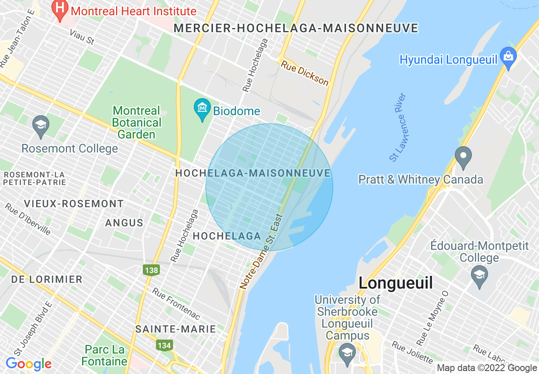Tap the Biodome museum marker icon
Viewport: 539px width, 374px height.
(202, 110)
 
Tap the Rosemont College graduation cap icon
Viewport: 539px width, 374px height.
(40, 125)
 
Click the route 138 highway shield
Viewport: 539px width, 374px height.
(151, 270)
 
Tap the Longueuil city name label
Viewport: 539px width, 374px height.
(395, 283)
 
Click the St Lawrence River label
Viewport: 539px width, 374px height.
(398, 127)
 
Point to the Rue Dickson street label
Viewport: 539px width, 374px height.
(304, 72)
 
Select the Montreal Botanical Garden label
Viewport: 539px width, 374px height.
(137, 123)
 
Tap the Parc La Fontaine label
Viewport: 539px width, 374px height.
(105, 356)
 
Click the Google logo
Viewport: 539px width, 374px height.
(28, 364)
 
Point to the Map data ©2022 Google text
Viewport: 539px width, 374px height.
(487, 368)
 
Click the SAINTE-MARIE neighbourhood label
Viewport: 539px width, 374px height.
(176, 329)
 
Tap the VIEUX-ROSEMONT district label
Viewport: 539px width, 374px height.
(74, 204)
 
